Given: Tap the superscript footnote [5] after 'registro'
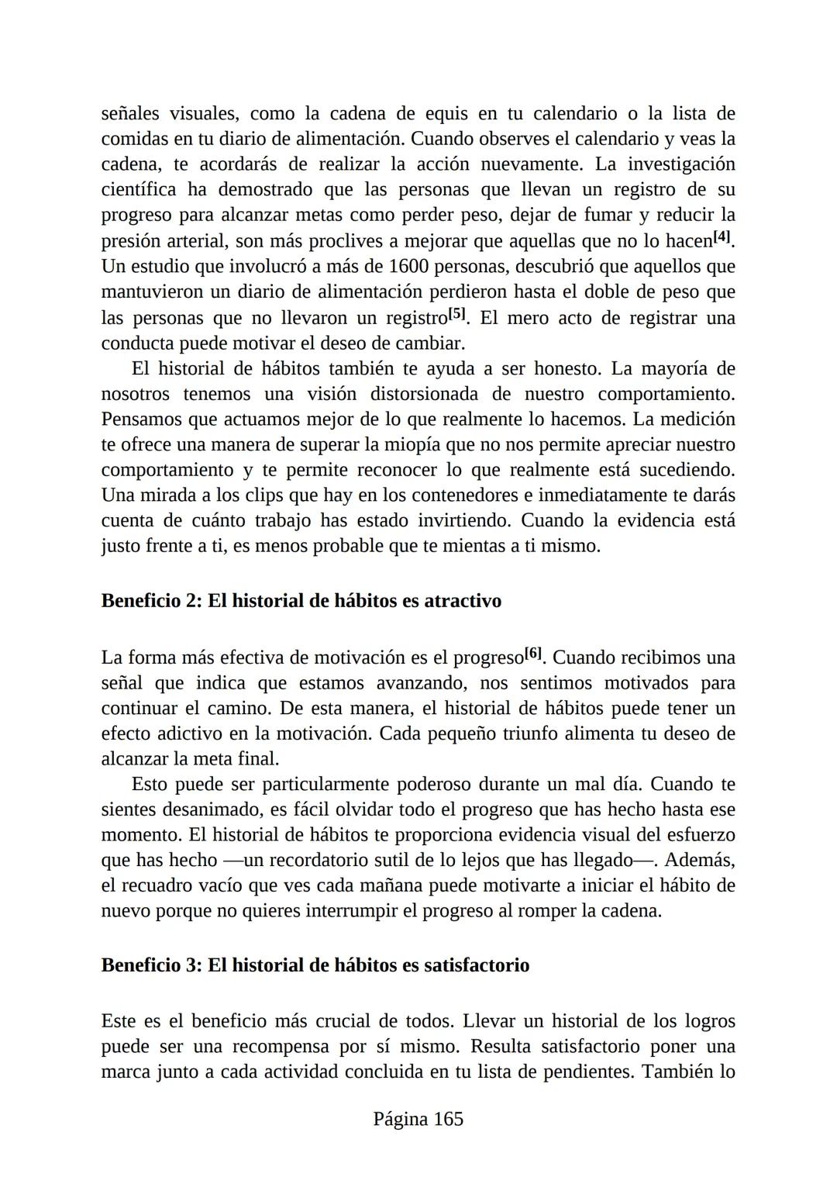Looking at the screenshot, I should (458, 315).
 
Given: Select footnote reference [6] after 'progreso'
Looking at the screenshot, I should (533, 654).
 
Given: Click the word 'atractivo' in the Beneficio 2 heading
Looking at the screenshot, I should (463, 601).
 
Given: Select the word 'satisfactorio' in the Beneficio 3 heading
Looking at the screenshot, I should (477, 965).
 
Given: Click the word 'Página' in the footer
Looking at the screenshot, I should (400, 1119).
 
